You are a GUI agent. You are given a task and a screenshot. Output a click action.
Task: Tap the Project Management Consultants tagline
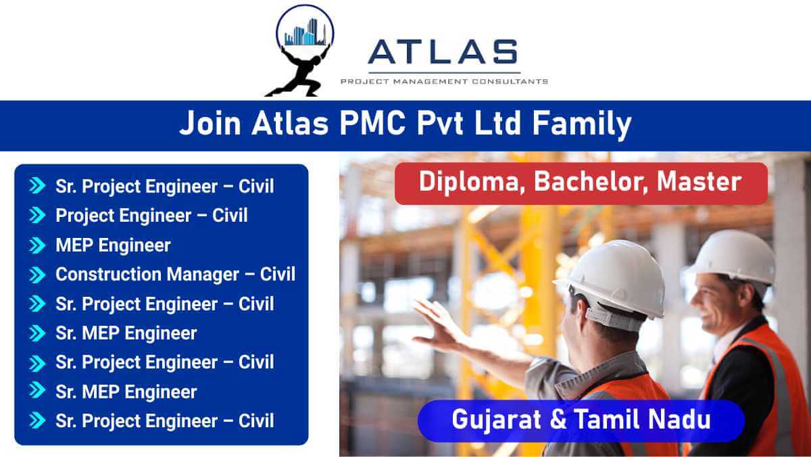point(444,82)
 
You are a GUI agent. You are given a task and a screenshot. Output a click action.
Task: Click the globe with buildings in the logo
point(305,30)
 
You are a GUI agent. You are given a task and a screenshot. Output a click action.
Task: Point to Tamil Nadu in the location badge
point(643,420)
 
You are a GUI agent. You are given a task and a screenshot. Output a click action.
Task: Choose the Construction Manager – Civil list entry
point(175,274)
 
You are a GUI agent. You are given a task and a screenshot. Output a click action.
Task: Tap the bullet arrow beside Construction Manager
point(36,274)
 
